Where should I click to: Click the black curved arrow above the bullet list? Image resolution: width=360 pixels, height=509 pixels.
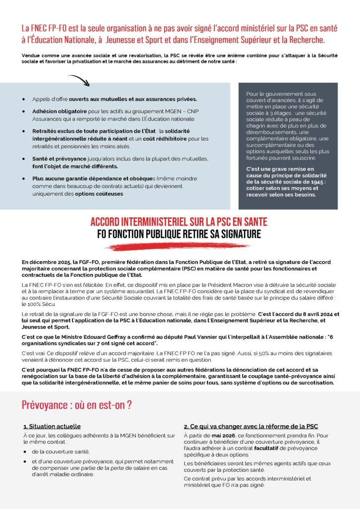[78, 80]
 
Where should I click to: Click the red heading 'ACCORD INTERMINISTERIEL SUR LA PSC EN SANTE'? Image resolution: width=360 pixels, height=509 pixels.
[180, 222]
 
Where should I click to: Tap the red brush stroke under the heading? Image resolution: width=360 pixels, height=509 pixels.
[180, 246]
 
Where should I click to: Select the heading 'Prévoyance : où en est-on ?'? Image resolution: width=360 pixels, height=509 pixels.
[77, 405]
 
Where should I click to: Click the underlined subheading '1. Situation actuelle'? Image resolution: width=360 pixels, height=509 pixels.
[52, 426]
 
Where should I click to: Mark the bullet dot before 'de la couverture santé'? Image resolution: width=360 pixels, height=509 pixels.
[24, 451]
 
